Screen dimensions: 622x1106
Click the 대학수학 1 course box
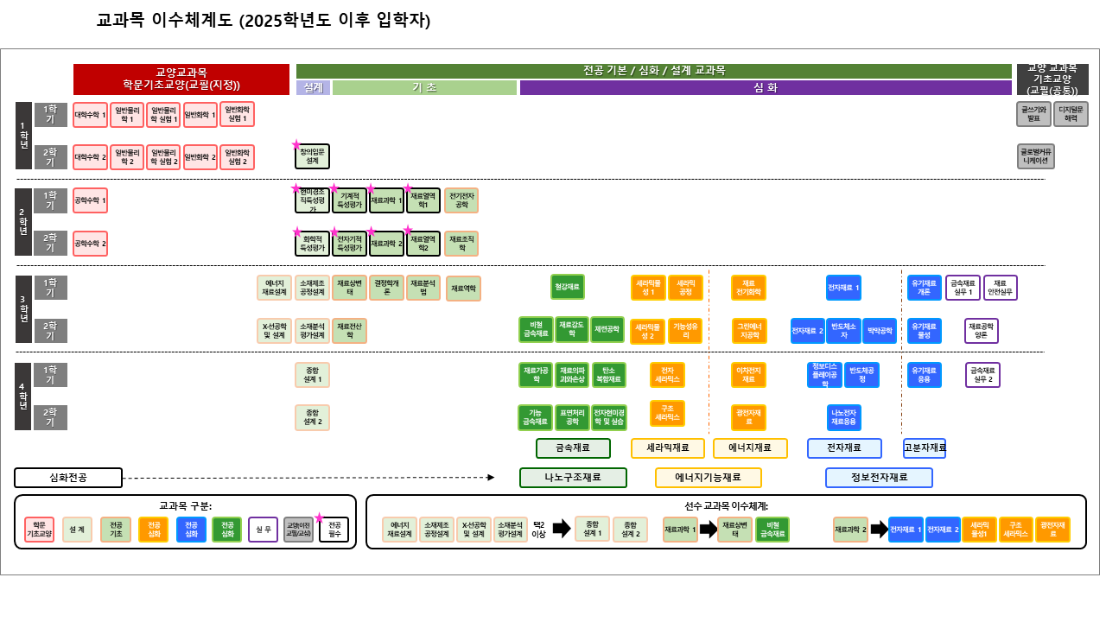pyautogui.click(x=90, y=115)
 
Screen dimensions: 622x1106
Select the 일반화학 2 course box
pyautogui.click(x=200, y=157)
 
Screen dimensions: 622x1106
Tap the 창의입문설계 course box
pyautogui.click(x=312, y=157)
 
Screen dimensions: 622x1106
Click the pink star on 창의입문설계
pyautogui.click(x=296, y=144)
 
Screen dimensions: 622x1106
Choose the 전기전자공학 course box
pyautogui.click(x=461, y=200)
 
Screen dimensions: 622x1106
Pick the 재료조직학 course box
pyautogui.click(x=461, y=244)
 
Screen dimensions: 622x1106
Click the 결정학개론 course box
pyautogui.click(x=386, y=288)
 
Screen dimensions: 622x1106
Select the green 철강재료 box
pyautogui.click(x=568, y=287)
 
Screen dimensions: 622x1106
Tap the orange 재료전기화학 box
pyautogui.click(x=748, y=288)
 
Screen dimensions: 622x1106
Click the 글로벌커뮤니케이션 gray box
pyautogui.click(x=1035, y=156)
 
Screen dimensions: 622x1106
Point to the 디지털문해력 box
pyautogui.click(x=1071, y=114)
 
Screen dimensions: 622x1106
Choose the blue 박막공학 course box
pyautogui.click(x=880, y=331)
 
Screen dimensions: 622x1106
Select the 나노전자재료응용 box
pyautogui.click(x=843, y=417)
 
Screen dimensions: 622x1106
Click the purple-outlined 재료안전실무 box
pyautogui.click(x=1001, y=288)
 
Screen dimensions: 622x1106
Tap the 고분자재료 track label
pyautogui.click(x=925, y=448)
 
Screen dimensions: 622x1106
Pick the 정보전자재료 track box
pyautogui.click(x=879, y=478)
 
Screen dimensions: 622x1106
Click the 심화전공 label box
pyautogui.click(x=68, y=478)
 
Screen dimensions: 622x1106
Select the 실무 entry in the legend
pyautogui.click(x=263, y=530)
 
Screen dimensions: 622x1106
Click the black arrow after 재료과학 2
pyautogui.click(x=879, y=530)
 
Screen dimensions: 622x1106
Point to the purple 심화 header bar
pyautogui.click(x=766, y=87)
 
